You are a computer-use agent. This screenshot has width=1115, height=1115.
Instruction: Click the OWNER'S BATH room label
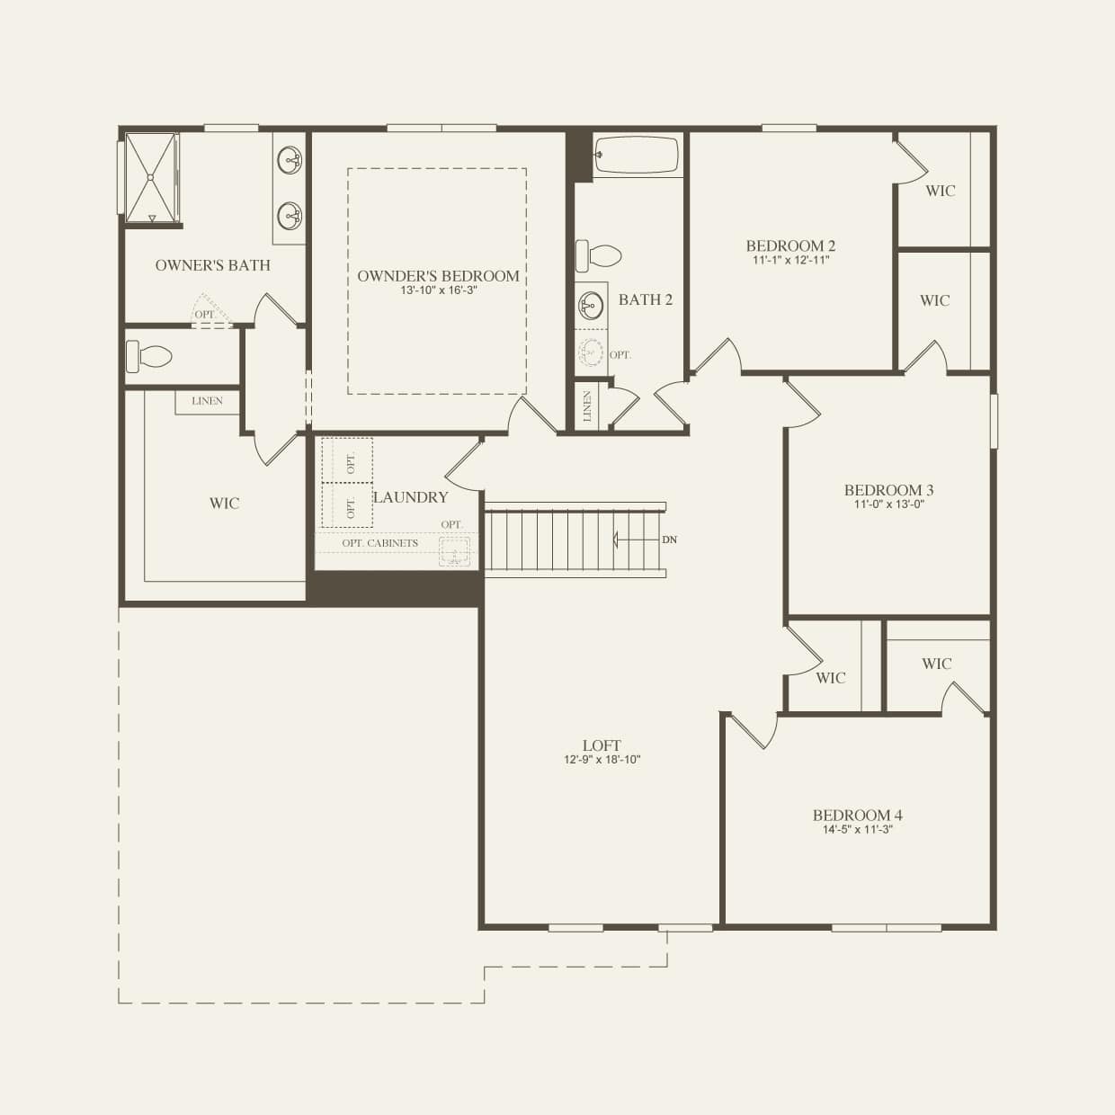[x=212, y=265]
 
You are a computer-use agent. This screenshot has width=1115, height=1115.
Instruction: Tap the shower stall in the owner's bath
[x=150, y=177]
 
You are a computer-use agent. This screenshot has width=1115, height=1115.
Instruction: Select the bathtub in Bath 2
[x=637, y=156]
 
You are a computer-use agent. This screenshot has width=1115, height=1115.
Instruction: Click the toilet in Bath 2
[x=599, y=255]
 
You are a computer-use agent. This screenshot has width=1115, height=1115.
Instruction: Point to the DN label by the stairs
[x=669, y=540]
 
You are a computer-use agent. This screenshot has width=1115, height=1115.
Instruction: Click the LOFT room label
[x=602, y=745]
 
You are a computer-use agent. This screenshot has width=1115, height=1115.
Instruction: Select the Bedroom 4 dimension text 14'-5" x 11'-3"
[x=857, y=830]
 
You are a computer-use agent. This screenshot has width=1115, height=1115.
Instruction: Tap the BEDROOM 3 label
[x=888, y=490]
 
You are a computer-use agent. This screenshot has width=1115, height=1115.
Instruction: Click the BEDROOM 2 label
[x=790, y=245]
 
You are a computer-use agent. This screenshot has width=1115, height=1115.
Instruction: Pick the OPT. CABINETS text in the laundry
[x=379, y=543]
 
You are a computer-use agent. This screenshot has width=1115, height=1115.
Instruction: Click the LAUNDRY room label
[x=410, y=497]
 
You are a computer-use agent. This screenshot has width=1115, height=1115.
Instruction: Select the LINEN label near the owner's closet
[x=207, y=401]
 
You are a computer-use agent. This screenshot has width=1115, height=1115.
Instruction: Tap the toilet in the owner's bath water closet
[x=148, y=356]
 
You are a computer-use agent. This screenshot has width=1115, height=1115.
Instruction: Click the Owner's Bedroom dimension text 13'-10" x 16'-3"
[x=438, y=290]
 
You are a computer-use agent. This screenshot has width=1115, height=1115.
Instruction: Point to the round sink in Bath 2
[x=591, y=306]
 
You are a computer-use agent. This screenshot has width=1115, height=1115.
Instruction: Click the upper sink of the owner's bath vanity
[x=290, y=162]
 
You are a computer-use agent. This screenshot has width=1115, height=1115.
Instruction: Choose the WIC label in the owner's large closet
[x=224, y=504]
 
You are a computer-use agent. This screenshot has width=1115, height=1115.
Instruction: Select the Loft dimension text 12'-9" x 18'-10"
[x=602, y=760]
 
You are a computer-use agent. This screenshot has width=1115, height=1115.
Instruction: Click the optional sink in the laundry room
[x=455, y=551]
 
